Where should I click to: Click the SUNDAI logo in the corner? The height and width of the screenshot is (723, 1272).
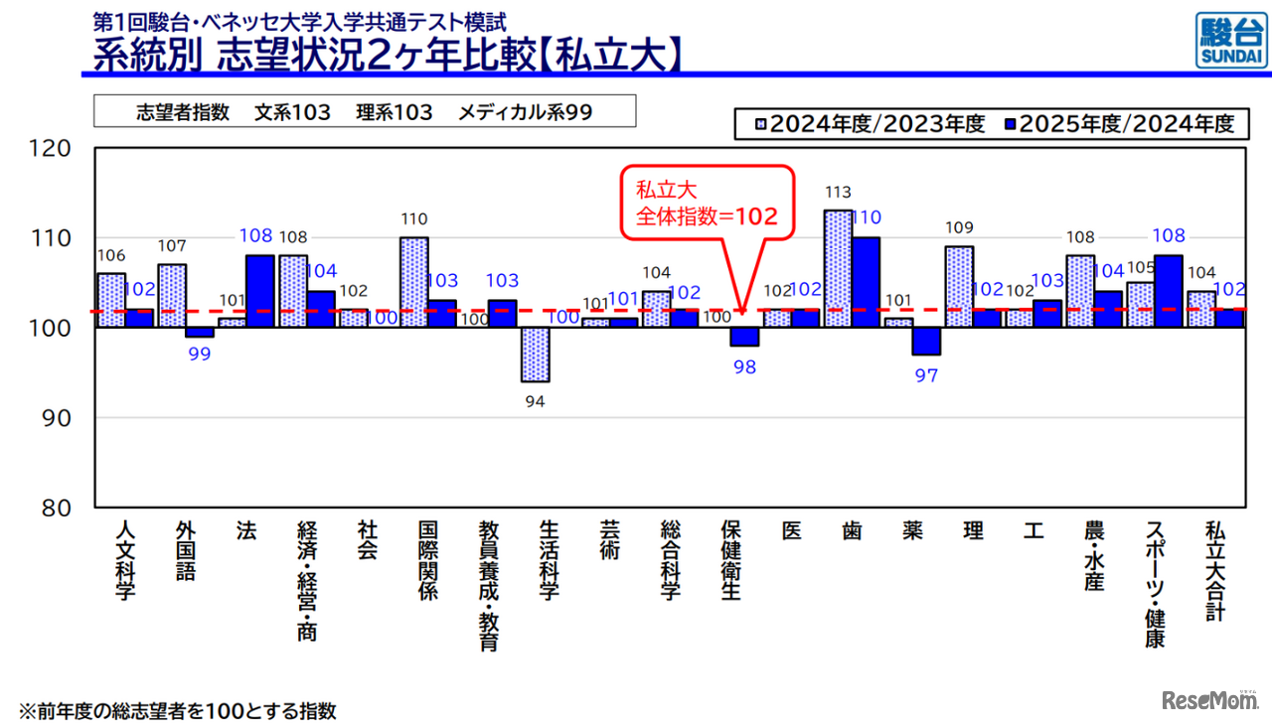tap(1230, 41)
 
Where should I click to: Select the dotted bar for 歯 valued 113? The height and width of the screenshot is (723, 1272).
tap(838, 268)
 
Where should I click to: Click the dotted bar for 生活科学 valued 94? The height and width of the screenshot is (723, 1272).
tap(536, 355)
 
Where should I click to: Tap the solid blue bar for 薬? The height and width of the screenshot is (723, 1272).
tap(926, 341)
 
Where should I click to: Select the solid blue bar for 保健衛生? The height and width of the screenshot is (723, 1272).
tap(744, 337)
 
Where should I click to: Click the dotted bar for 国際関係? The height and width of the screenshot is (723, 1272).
tap(413, 282)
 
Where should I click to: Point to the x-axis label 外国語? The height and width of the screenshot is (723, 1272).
tap(186, 550)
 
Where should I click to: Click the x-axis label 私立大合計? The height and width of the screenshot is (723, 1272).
tap(1214, 570)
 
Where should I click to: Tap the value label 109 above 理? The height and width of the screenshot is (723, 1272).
tap(960, 227)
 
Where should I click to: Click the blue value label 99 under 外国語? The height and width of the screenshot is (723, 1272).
tap(200, 355)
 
